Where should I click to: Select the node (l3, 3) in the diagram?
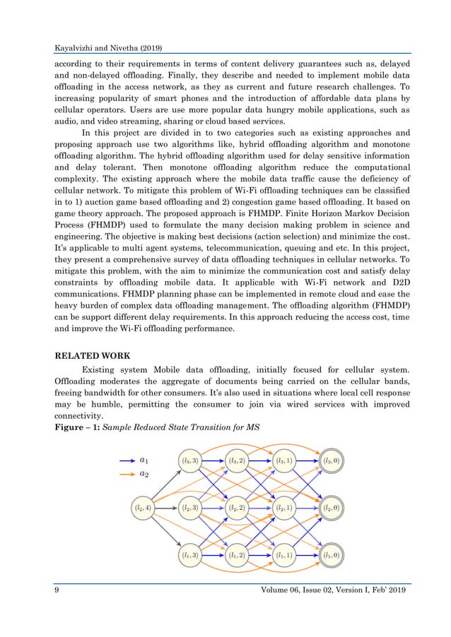[x=192, y=460]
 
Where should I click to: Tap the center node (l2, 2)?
[x=238, y=507]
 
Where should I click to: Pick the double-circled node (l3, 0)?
[x=329, y=460]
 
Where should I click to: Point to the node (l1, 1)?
[x=284, y=555]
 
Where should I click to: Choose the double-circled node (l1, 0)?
[x=329, y=555]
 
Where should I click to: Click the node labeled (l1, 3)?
[x=192, y=555]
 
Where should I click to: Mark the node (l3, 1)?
[x=284, y=460]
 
